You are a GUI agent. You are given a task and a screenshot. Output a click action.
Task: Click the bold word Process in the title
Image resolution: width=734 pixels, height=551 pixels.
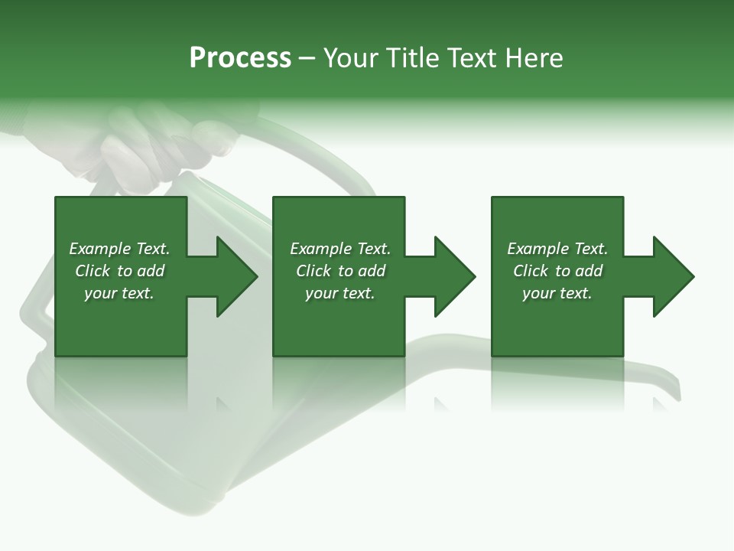coord(240,58)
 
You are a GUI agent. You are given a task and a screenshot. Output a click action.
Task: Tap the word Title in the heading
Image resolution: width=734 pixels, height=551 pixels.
coord(411,58)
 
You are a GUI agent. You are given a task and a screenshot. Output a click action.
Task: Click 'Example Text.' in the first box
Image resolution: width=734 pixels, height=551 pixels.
coord(119,249)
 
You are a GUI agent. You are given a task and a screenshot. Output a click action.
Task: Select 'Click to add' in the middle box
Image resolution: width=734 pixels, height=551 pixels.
coord(340,271)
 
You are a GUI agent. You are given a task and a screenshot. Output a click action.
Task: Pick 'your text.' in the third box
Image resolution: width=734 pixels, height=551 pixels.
coord(557,293)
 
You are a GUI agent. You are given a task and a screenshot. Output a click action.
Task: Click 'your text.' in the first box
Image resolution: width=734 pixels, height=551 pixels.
coord(119,293)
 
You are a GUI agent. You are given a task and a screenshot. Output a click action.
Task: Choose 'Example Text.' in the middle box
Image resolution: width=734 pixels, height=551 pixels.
coord(340,249)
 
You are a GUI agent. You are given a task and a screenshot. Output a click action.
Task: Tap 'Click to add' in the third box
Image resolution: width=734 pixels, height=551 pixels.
coord(557,271)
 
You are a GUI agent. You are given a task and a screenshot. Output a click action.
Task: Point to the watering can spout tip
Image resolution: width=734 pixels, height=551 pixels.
coord(673,386)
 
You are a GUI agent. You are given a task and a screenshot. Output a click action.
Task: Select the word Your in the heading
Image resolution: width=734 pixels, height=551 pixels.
coord(351,58)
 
